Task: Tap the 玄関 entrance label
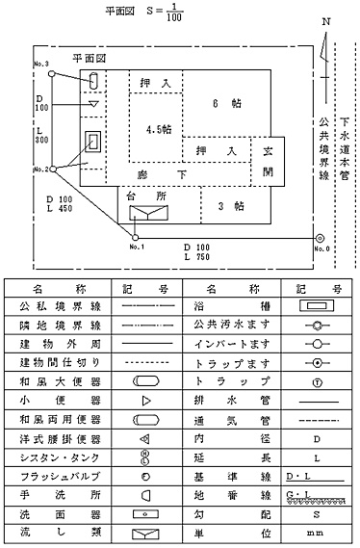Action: [268, 161]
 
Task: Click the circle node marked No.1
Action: [134, 237]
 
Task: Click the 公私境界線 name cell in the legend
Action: [59, 307]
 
